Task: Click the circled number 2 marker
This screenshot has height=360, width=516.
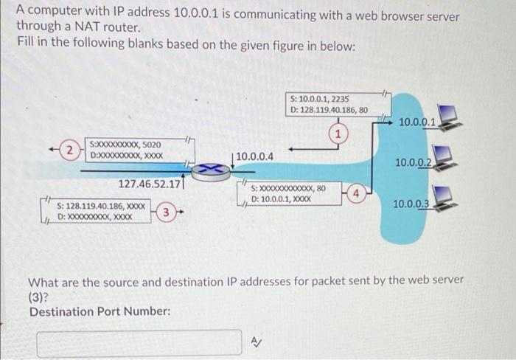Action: [x=69, y=150]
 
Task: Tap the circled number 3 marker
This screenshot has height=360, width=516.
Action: [x=167, y=214]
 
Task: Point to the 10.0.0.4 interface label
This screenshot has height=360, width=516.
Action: [x=254, y=156]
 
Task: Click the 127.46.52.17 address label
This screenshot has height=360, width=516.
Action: [x=150, y=184]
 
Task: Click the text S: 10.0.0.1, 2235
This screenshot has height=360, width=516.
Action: [x=320, y=98]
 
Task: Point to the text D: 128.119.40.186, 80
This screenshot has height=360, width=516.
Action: [x=330, y=110]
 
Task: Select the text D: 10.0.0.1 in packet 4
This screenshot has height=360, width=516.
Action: [x=271, y=199]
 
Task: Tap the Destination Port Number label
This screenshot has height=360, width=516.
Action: [x=100, y=311]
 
